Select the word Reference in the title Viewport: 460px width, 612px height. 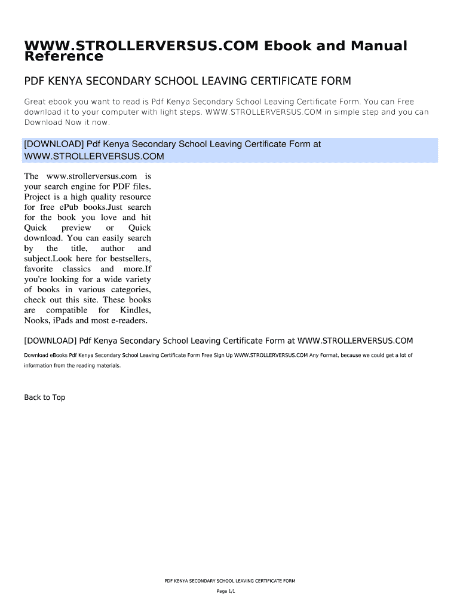(63, 57)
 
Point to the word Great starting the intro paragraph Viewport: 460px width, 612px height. (35, 102)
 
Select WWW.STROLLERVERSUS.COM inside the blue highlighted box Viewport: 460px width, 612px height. (94, 157)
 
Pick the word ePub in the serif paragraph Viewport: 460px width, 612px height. (69, 207)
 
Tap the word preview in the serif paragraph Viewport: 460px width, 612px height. (76, 228)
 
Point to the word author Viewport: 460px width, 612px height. (113, 248)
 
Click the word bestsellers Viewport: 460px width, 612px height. (129, 258)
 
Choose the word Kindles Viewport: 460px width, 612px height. (135, 310)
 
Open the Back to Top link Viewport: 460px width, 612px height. (45, 397)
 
